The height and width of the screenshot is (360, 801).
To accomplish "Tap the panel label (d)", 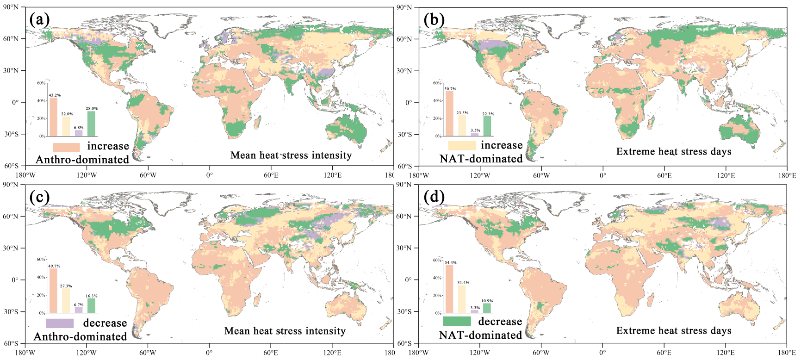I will [435, 197].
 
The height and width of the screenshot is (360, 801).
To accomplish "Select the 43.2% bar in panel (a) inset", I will [54, 117].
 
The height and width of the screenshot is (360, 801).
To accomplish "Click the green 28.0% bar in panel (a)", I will [91, 124].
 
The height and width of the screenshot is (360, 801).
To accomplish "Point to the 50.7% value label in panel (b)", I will [450, 88].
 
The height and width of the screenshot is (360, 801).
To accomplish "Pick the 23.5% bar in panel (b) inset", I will [462, 125].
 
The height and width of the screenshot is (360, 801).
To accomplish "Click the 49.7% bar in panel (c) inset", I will [54, 291].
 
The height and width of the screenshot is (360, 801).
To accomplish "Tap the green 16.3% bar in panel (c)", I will [91, 305].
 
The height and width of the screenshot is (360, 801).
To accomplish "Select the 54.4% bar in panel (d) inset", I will [449, 289].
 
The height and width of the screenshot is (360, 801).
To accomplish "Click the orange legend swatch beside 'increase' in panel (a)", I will [67, 147].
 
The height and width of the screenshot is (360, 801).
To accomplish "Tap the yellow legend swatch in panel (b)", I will [461, 146].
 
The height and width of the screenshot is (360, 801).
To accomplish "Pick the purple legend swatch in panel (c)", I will [60, 323].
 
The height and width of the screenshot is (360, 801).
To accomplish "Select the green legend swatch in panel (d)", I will [457, 321].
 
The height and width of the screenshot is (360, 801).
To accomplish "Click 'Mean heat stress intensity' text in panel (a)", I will [291, 155].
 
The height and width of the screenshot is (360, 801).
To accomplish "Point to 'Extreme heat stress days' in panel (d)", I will [674, 331].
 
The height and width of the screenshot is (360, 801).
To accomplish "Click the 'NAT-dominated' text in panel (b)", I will [481, 159].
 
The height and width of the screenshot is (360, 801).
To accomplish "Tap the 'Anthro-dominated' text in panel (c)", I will [81, 336].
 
